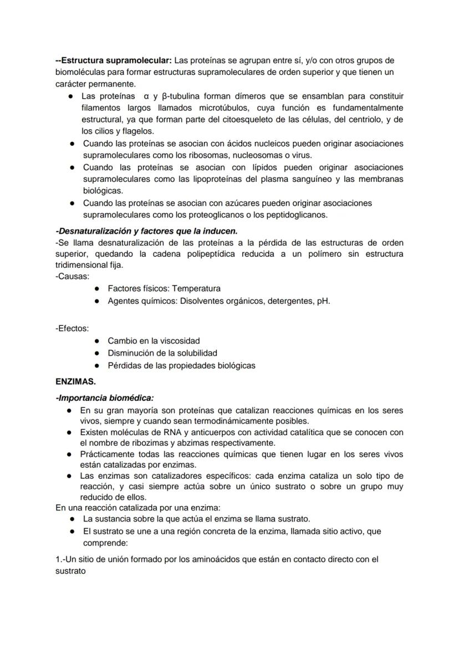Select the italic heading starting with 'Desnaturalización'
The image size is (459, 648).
pos(147,231)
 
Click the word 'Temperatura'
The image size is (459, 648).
pos(196,289)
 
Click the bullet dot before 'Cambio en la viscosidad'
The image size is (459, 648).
pos(97,341)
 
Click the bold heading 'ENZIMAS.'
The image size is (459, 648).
pos(76,382)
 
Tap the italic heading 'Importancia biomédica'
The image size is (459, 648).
pos(106,398)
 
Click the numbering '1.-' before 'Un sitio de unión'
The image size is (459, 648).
pos(60,560)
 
